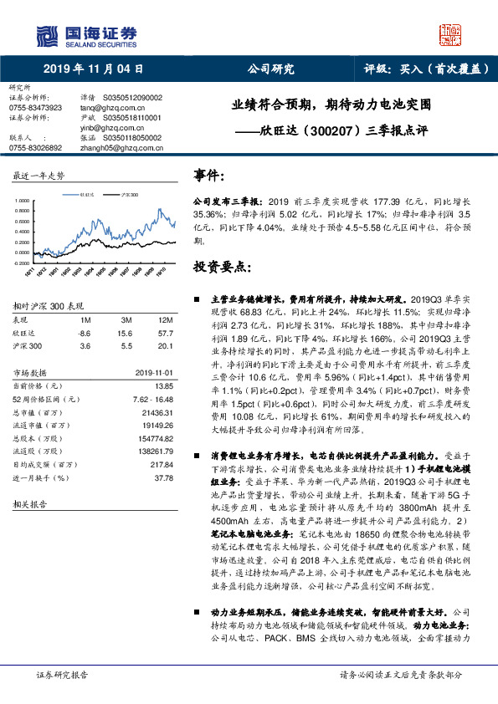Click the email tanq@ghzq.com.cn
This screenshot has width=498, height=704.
click(107, 108)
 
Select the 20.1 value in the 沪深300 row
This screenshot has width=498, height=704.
click(165, 345)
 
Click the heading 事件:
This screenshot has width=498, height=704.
click(208, 176)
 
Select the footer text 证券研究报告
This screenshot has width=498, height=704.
click(63, 674)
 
